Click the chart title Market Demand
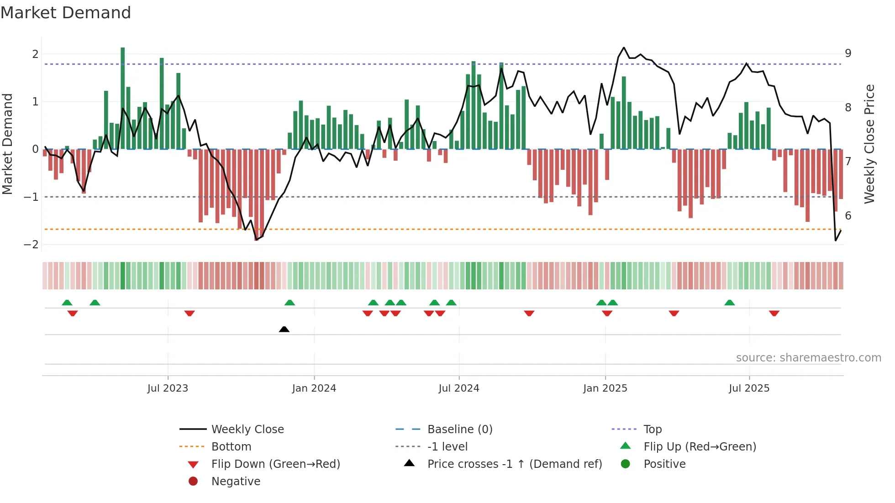[66, 13]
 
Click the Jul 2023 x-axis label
[168, 388]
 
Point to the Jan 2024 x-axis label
[314, 388]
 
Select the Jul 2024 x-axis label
[459, 388]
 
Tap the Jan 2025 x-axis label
[605, 388]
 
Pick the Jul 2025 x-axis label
[749, 388]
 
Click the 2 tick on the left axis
[35, 54]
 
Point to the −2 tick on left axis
[32, 245]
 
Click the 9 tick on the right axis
[848, 53]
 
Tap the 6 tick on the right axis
[848, 216]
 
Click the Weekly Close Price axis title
[869, 144]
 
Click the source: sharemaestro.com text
[808, 358]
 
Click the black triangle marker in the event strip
[284, 329]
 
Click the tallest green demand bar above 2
[123, 98]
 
